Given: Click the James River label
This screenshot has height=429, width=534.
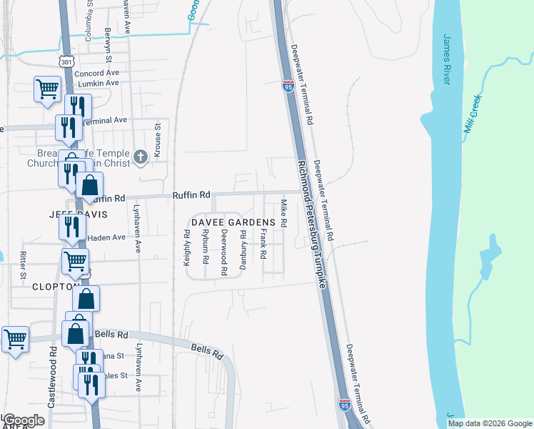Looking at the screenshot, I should click(x=448, y=59).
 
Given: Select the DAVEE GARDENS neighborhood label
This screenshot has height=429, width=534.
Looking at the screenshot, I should click(x=232, y=223).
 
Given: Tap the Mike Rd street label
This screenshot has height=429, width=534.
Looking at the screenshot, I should click(x=283, y=214).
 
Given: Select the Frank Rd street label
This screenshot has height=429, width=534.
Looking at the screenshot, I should click(x=263, y=244).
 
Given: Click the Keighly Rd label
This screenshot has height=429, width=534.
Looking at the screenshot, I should click(x=187, y=247).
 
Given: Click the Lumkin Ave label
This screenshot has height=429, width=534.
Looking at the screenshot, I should click(x=98, y=84).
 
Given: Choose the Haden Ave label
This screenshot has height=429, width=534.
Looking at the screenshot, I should click(x=106, y=237).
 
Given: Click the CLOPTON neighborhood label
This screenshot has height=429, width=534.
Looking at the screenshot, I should click(x=55, y=286).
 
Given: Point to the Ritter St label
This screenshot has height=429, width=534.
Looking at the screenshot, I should click(x=23, y=264).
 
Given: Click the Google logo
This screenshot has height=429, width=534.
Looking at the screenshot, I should click(x=24, y=420).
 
